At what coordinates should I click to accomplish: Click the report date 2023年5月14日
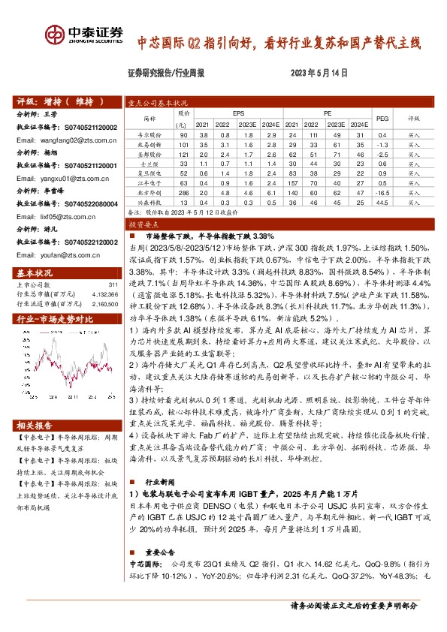click(x=319, y=74)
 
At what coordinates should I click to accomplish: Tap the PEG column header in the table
click(x=382, y=118)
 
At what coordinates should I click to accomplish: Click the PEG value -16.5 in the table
click(x=382, y=191)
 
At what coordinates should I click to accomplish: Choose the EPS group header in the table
click(x=237, y=113)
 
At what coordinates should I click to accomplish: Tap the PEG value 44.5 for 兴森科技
click(x=382, y=201)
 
